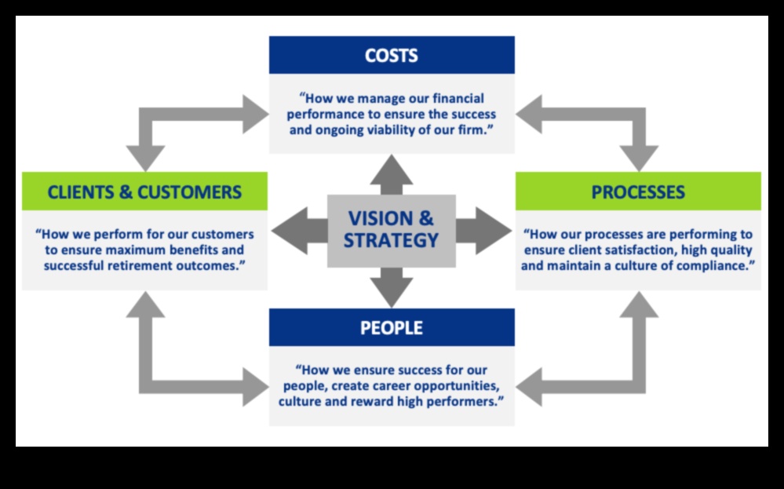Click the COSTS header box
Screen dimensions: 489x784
tap(392, 56)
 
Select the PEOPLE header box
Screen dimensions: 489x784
tap(392, 327)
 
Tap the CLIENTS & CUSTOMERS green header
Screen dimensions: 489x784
tap(144, 192)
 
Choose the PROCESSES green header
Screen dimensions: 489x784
tap(638, 192)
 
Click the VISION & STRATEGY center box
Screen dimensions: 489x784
tap(392, 230)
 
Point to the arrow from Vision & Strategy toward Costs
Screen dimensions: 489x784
tap(392, 174)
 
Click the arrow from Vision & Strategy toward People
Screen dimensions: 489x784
tap(392, 287)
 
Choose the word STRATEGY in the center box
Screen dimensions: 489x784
tap(392, 240)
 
